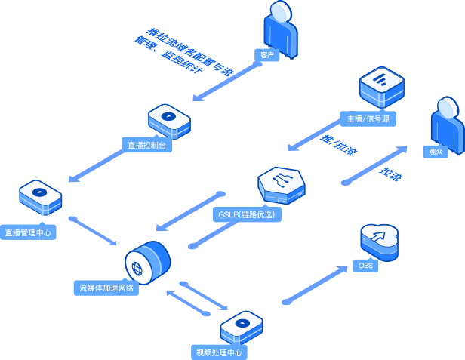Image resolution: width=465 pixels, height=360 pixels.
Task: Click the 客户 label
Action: (x=267, y=55)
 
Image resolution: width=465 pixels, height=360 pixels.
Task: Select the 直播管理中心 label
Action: (x=28, y=232)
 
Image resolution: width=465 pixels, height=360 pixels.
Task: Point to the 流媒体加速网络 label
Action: (x=106, y=288)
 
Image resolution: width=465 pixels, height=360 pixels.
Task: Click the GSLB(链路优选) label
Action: (x=247, y=214)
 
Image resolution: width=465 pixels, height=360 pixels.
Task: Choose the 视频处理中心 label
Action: (x=219, y=352)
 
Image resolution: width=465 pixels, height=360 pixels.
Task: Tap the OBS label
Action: (x=365, y=266)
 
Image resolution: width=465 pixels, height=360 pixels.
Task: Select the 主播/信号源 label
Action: (x=368, y=119)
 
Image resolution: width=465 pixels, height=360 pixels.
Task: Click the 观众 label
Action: (x=436, y=151)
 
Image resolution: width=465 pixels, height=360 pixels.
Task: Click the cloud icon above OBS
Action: (x=379, y=240)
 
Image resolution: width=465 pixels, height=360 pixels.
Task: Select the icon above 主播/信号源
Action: (x=381, y=86)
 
